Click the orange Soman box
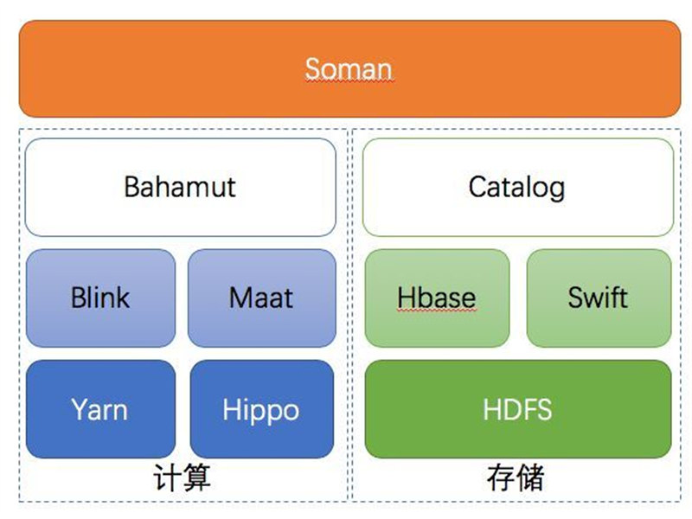[349, 69]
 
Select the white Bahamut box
[181, 187]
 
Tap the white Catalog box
[518, 187]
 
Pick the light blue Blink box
[100, 298]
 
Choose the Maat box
[262, 298]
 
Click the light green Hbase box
[437, 298]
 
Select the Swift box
[599, 298]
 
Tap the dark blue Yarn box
[100, 409]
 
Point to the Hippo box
[262, 409]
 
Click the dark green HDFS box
[518, 409]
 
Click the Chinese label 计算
[182, 477]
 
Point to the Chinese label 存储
[516, 477]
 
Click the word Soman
[349, 69]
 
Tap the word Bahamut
[180, 187]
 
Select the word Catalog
[516, 188]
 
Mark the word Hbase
[437, 298]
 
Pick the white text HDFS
[517, 409]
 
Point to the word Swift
[598, 297]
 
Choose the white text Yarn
[99, 409]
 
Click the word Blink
[100, 297]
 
